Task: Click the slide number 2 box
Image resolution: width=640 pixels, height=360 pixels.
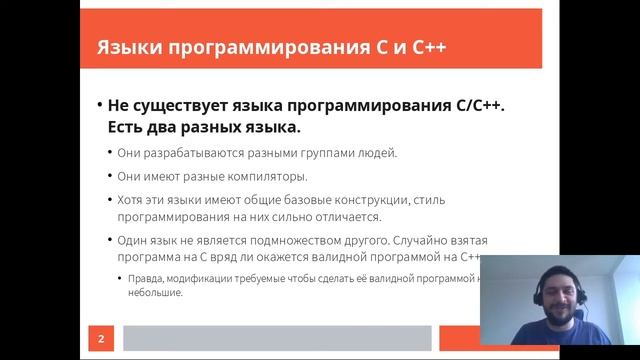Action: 100,339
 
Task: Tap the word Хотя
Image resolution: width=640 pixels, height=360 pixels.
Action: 134,200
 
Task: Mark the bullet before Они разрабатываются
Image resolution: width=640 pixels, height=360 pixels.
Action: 109,153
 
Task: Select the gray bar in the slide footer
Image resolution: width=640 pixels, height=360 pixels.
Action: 280,339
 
